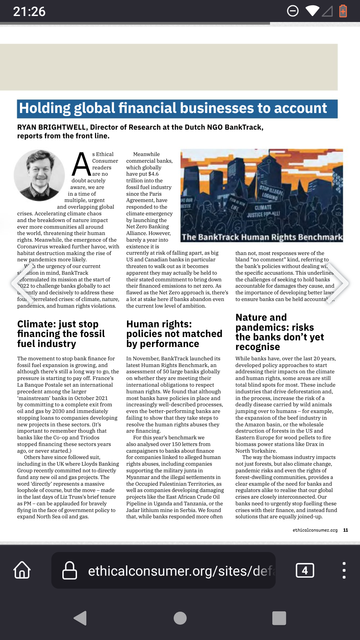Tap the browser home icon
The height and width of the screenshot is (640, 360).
tap(22, 570)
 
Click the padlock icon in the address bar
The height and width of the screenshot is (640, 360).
tap(70, 570)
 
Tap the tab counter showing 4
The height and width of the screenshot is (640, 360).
tap(305, 570)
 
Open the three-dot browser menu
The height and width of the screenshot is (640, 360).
tap(344, 570)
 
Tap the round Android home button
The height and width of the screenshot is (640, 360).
tap(180, 618)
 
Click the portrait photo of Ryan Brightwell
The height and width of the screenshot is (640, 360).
tap(39, 175)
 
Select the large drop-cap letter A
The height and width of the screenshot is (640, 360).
tap(81, 164)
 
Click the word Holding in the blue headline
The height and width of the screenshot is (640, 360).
tap(44, 108)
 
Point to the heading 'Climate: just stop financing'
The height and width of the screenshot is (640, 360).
tap(61, 334)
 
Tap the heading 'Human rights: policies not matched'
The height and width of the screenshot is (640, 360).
tap(174, 334)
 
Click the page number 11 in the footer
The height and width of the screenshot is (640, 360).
tap(345, 530)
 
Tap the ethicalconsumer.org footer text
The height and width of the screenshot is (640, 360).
tap(315, 530)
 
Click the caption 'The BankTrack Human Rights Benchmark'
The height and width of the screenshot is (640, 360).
tap(262, 237)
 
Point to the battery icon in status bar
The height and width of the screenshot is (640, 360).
tap(343, 11)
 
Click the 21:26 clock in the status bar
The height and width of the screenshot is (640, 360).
tap(29, 12)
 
